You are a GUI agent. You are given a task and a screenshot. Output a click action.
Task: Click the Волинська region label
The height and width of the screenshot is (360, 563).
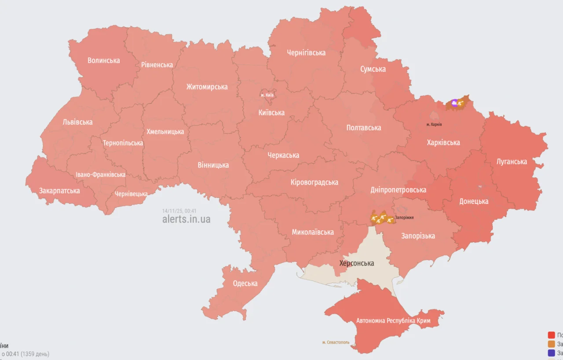[103, 60]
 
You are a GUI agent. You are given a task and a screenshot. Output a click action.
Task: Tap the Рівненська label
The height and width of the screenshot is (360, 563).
[157, 65]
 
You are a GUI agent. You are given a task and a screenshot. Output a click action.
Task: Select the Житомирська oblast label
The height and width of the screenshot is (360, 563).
[207, 87]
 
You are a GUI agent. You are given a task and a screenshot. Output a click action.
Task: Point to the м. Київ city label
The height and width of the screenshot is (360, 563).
[267, 95]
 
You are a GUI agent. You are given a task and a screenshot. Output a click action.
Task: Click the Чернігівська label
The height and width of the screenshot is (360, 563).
[306, 53]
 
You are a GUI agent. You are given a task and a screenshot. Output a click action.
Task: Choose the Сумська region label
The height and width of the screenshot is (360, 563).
[373, 69]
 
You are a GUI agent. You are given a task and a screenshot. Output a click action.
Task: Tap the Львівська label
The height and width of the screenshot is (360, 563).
[77, 122]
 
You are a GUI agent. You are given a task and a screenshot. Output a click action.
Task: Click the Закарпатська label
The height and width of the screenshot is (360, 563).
[59, 191]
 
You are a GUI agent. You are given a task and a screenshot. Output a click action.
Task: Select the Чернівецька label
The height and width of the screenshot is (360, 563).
[131, 194]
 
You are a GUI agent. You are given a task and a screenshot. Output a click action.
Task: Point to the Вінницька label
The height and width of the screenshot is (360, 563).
[213, 165]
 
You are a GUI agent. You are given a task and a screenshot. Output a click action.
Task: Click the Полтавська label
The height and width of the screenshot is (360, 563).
[364, 127]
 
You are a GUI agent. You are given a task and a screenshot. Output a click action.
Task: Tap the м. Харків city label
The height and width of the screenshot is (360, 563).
[434, 124]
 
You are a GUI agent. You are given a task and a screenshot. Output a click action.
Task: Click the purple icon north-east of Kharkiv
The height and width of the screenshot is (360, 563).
[454, 103]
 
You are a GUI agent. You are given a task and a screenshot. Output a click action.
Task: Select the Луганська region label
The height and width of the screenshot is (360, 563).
[512, 161]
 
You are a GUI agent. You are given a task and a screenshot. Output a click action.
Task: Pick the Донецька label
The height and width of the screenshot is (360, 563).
[474, 201]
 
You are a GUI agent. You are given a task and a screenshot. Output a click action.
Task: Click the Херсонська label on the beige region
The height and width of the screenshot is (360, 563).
[357, 263]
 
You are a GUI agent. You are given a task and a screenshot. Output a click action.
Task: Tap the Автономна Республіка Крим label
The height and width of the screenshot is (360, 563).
[393, 320]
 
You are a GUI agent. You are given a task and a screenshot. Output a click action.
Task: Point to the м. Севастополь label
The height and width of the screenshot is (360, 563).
[336, 342]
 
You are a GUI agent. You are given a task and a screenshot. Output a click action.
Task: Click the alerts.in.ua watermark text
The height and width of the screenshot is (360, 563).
[186, 219]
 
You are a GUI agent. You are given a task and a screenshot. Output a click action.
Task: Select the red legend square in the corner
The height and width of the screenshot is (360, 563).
[552, 335]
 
